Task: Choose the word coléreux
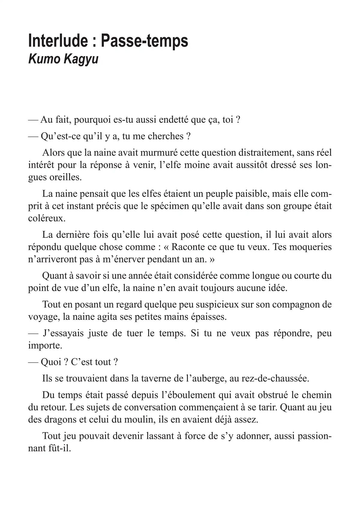(x=47, y=218)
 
